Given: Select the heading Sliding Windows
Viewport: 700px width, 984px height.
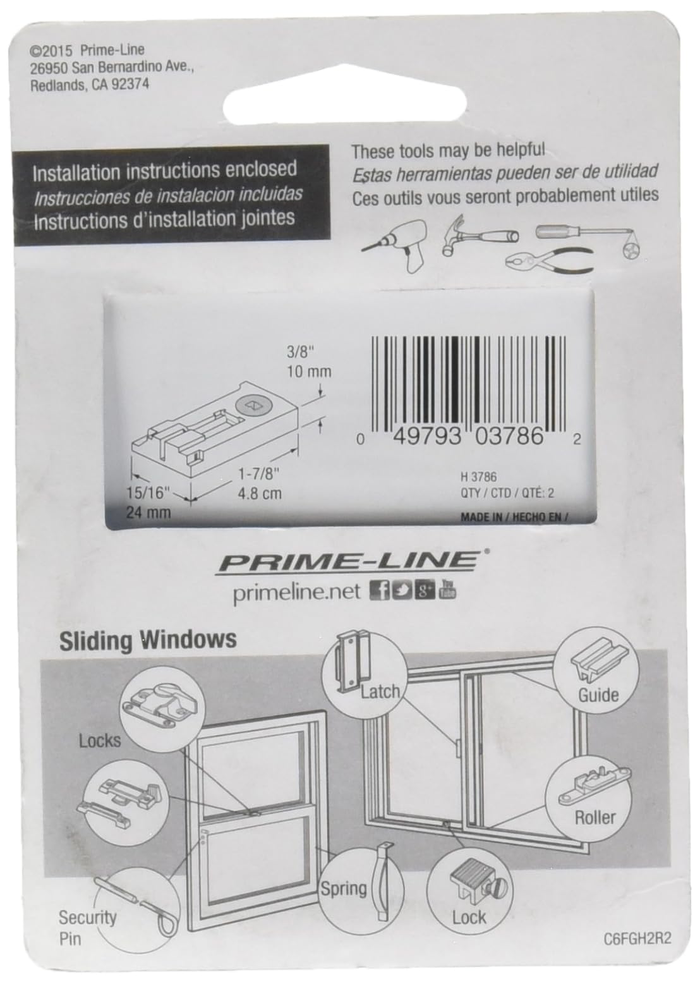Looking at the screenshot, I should [148, 640].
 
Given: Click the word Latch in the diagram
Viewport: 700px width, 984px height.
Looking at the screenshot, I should [380, 691].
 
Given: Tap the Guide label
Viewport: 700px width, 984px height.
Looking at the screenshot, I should [598, 695].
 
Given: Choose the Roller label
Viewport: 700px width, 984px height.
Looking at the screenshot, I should [594, 817].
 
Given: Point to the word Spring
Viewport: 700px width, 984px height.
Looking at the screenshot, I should [344, 889].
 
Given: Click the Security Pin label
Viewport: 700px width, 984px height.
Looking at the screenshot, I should [87, 927].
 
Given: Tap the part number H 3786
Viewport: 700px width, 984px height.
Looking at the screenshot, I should [479, 478].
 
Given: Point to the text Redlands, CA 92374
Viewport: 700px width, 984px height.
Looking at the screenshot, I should [90, 85].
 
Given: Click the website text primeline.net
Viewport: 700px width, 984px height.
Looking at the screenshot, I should [296, 592].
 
